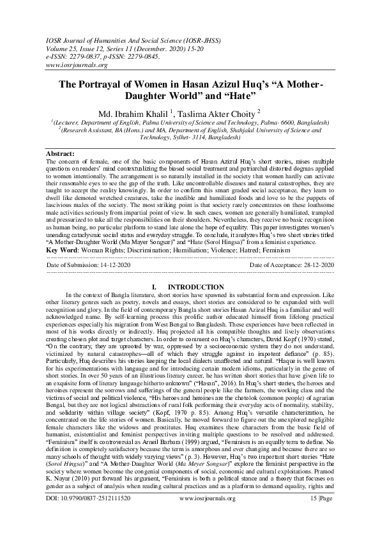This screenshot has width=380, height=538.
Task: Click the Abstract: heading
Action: [64, 155]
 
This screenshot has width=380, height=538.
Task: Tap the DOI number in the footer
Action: [89, 514]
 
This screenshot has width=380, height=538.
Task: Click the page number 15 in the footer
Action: [309, 514]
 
